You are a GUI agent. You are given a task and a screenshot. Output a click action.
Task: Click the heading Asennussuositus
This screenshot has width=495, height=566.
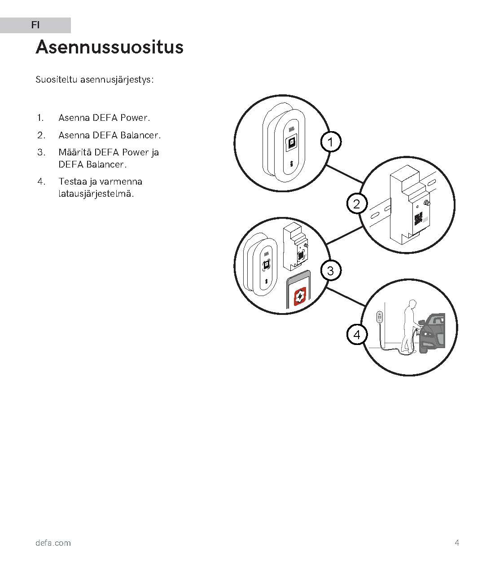point(110,47)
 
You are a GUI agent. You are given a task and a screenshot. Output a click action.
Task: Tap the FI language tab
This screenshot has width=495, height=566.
point(35,25)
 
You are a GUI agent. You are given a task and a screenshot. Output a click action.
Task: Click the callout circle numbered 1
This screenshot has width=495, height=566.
point(331,142)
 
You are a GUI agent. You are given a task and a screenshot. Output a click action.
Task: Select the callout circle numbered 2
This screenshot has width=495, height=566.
point(357,204)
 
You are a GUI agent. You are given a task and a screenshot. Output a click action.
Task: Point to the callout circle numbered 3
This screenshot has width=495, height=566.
point(331,271)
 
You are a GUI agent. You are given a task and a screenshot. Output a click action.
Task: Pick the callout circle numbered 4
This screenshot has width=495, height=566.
point(357,335)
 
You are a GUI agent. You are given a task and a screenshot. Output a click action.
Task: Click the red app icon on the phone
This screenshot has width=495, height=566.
point(300,296)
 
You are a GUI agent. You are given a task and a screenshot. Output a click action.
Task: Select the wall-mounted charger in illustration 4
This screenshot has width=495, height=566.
point(379,317)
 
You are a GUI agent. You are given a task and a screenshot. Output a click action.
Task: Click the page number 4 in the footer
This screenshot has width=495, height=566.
point(457,543)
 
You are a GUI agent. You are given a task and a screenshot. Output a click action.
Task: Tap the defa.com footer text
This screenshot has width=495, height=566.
point(53,543)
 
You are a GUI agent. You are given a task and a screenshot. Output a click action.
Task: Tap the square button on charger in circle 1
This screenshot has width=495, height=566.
point(291,144)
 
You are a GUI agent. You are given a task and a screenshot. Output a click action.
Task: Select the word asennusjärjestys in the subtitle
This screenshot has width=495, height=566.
point(117,80)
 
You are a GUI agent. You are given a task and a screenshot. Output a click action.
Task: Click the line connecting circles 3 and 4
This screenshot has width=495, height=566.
point(346,296)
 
